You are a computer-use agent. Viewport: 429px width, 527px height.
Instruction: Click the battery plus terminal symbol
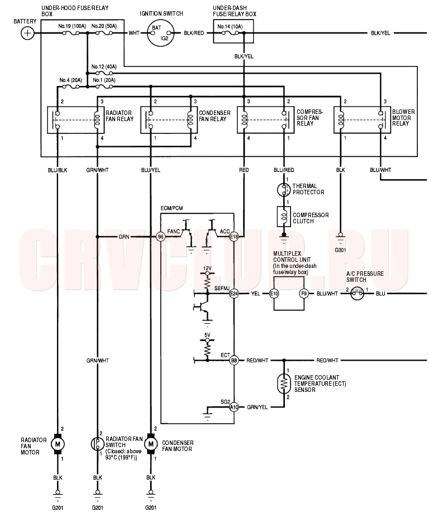click(x=27, y=33)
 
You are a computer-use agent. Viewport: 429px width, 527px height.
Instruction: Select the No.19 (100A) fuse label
click(x=72, y=26)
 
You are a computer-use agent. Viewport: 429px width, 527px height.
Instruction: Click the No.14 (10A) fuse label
click(x=230, y=26)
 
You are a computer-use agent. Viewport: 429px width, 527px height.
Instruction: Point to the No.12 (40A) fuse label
click(x=104, y=66)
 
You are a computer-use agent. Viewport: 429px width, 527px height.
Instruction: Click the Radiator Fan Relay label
click(x=120, y=116)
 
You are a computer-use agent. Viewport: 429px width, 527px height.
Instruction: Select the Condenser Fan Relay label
click(x=214, y=116)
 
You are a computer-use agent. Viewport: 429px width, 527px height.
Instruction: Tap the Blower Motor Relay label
click(x=403, y=117)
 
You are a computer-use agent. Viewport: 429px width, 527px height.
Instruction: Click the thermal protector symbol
click(x=284, y=190)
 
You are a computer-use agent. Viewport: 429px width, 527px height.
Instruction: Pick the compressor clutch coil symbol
click(x=284, y=217)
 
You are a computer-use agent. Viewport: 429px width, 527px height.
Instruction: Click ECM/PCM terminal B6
click(x=161, y=237)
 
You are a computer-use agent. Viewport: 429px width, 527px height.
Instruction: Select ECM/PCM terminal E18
click(x=233, y=237)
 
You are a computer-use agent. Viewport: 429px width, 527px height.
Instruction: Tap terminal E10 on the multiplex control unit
click(x=274, y=294)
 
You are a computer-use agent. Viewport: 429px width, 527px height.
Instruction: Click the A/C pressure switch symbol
click(x=357, y=294)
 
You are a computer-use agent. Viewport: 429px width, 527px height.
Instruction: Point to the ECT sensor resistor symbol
click(x=284, y=384)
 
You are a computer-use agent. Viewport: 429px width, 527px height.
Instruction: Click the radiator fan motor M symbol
click(x=58, y=444)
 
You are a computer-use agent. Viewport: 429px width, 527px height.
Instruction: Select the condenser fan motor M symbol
click(x=151, y=444)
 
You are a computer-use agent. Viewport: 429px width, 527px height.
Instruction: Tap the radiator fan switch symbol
click(x=98, y=444)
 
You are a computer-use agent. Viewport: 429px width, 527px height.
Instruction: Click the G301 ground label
click(x=340, y=250)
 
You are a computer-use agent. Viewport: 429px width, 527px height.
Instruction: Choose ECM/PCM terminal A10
click(x=233, y=407)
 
